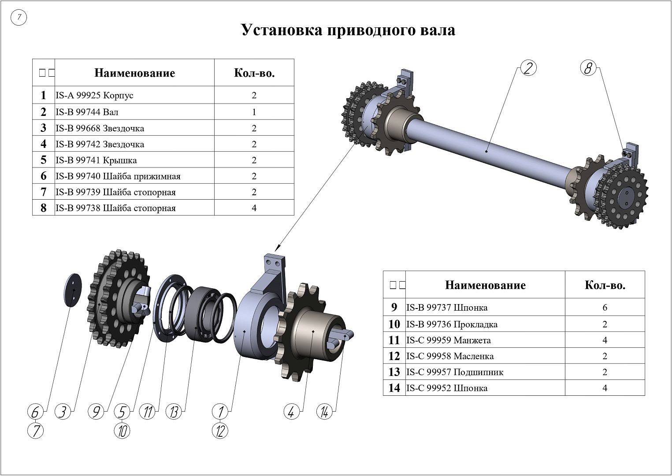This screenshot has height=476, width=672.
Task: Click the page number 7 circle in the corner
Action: tap(19, 18)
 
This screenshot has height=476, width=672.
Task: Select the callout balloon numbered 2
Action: tap(528, 68)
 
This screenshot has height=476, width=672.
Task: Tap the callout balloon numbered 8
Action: tap(588, 68)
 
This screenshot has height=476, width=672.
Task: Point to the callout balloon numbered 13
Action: tap(174, 412)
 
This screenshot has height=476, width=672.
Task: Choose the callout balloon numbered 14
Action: tap(324, 412)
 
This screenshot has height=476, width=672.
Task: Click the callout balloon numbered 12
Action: tap(220, 430)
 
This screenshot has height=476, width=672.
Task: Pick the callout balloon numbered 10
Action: tap(122, 430)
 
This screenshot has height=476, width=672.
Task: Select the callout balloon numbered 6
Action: tap(35, 412)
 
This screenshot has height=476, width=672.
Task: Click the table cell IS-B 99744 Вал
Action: tap(87, 112)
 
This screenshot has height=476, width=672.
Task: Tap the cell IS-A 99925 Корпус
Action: tap(94, 95)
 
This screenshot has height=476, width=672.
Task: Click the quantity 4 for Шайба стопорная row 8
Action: tap(254, 208)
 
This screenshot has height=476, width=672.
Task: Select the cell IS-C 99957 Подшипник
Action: tap(455, 372)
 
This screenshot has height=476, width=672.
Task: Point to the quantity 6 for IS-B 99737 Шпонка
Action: tap(605, 307)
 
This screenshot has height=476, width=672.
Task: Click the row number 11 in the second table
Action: tap(394, 340)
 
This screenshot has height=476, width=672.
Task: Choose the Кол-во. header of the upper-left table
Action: tap(254, 73)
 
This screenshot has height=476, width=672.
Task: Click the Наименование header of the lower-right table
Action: tap(485, 285)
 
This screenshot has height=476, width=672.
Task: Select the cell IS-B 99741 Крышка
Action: tap(96, 160)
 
